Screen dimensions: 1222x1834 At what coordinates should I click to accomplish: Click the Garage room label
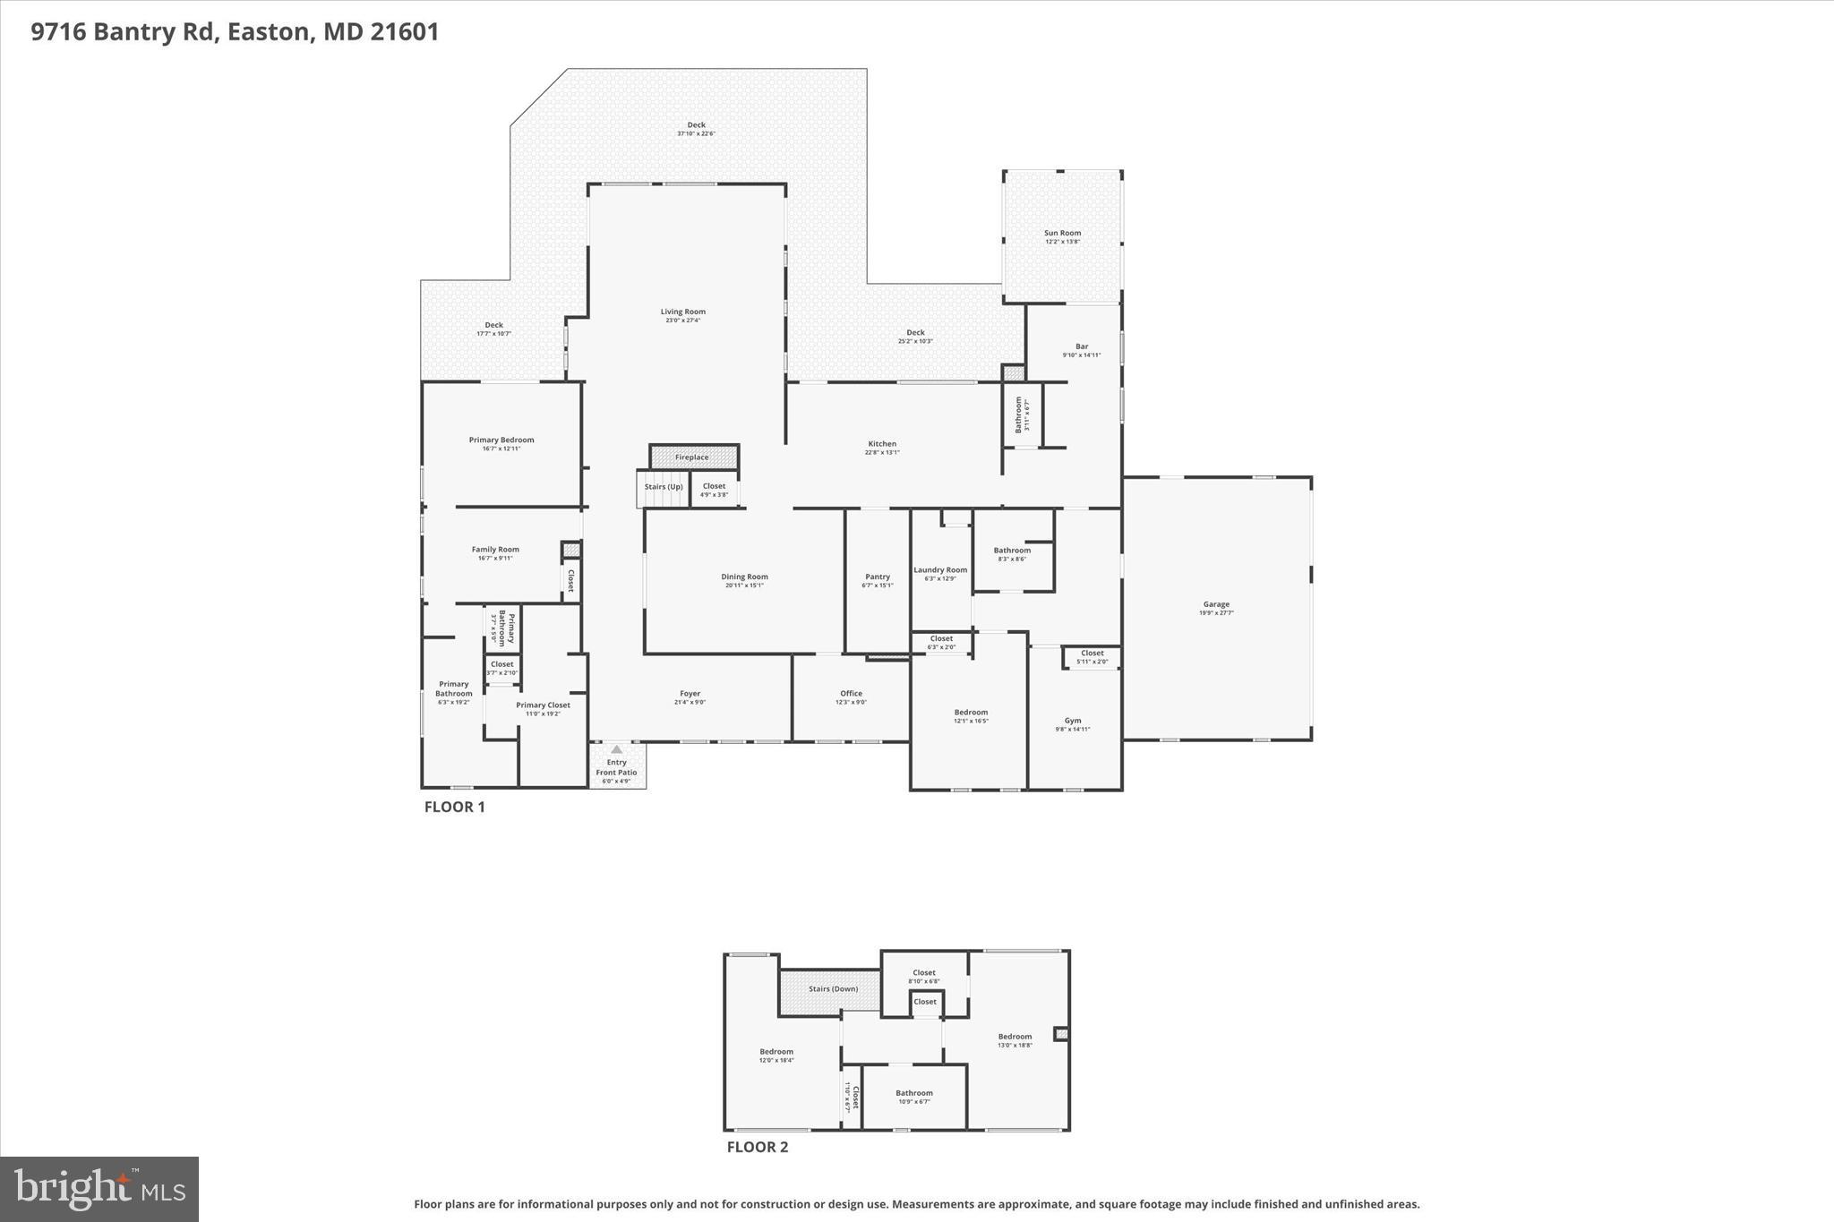point(1215,604)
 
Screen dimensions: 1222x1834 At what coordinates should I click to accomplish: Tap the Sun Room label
point(1062,233)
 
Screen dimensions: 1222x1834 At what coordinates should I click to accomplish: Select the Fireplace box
point(692,457)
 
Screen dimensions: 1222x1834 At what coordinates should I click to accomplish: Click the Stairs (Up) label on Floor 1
point(664,487)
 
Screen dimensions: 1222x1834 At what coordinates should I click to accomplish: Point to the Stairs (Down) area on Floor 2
point(832,989)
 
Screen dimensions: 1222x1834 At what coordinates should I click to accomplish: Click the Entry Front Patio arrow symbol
point(616,749)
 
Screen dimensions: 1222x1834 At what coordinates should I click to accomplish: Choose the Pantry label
point(878,577)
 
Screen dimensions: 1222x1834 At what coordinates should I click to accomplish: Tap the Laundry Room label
point(940,570)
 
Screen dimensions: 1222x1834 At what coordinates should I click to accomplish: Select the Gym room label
point(1073,721)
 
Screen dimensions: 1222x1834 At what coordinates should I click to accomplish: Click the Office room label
point(851,694)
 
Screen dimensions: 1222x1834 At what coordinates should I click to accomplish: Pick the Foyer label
point(690,694)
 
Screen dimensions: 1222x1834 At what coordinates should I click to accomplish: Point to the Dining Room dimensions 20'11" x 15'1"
point(744,585)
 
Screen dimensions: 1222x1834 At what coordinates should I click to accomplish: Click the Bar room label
point(1082,346)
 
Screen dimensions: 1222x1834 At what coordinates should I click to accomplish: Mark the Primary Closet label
point(543,705)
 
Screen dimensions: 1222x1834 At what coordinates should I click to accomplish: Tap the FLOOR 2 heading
point(757,1147)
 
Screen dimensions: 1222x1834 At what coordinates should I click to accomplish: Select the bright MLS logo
point(99,1189)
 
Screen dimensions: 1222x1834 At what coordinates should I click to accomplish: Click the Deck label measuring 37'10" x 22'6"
point(696,125)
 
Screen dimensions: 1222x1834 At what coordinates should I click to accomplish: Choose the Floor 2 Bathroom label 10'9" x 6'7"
point(913,1093)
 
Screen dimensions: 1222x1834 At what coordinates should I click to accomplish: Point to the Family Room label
point(495,550)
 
